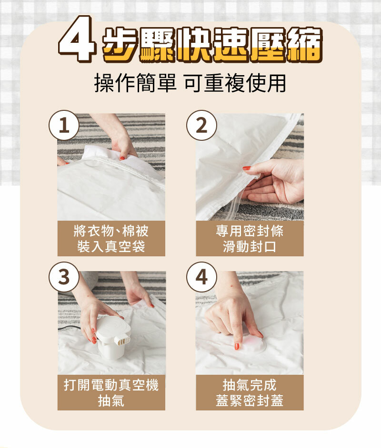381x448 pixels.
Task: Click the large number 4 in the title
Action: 77,39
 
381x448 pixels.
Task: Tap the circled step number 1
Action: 64,125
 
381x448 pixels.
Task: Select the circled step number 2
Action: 201,125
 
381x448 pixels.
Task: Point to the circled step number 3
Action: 64,277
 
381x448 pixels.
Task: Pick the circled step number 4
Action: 201,277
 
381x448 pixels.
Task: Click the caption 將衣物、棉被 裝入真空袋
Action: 111,238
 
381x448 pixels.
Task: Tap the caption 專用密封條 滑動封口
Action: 250,238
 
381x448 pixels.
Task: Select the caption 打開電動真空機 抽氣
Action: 111,392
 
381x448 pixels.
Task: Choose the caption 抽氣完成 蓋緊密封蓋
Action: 250,392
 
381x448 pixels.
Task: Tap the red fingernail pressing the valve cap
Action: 237,346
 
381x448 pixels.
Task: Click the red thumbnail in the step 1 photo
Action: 122,158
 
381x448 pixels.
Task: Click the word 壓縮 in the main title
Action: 286,45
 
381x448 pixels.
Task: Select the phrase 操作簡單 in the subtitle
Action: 135,83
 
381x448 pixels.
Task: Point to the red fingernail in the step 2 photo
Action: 247,168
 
